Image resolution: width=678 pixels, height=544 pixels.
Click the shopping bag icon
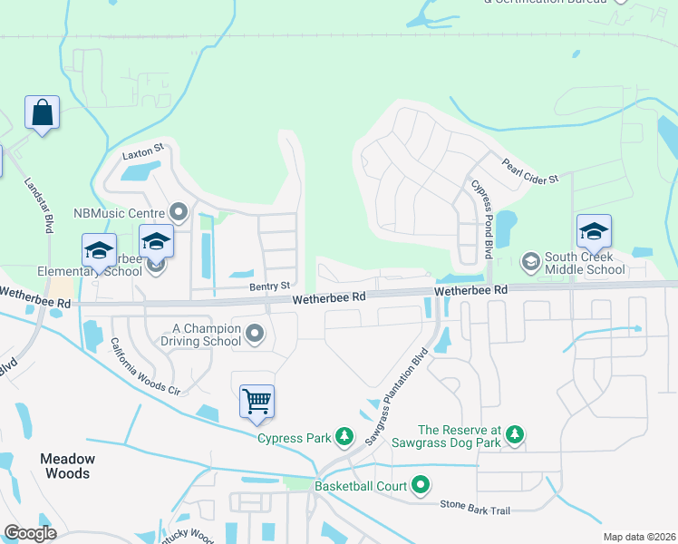coord(42,113)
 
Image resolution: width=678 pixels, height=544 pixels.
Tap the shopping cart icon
coord(257,401)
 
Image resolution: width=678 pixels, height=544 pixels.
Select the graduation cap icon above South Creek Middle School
coord(594,232)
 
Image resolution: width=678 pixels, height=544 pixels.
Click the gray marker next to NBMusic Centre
coord(179,213)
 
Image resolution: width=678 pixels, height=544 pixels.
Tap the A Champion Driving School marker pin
coord(256,335)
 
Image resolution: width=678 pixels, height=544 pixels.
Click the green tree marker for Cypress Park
coord(344,438)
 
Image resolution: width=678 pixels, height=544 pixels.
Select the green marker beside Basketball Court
coord(421,486)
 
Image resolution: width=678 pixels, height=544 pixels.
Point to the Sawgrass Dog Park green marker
coord(515,436)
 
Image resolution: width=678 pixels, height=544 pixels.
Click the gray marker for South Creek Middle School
coord(531,263)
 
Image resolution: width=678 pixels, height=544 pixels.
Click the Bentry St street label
coord(269,287)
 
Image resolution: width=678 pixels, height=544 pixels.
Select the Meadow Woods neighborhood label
coord(67,466)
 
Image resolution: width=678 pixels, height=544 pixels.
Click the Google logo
coord(30,533)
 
